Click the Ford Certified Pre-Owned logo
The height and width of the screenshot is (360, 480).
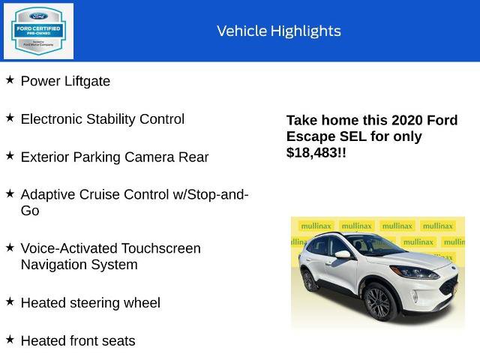(x=38, y=31)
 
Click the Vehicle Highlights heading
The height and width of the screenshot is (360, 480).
(x=278, y=31)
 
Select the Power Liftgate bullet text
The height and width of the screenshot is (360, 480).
(x=65, y=81)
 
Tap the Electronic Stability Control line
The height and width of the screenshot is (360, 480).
(x=102, y=118)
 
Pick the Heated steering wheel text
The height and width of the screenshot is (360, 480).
(x=90, y=303)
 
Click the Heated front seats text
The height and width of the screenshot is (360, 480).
(x=78, y=340)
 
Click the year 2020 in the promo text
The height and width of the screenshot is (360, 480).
(x=409, y=120)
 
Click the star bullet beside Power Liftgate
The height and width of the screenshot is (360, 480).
(x=10, y=79)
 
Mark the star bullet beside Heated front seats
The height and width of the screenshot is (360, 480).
(x=10, y=339)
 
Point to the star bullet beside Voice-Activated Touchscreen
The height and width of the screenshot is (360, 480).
(x=10, y=247)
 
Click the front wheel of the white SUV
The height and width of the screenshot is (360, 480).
(x=378, y=301)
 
